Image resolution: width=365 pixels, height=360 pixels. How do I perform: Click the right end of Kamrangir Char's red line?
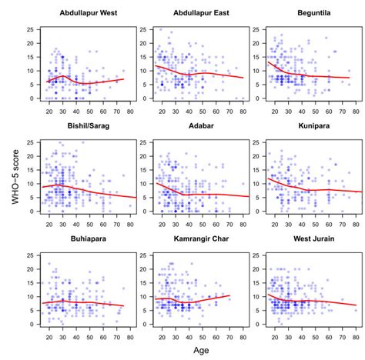[x=229, y=295]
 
